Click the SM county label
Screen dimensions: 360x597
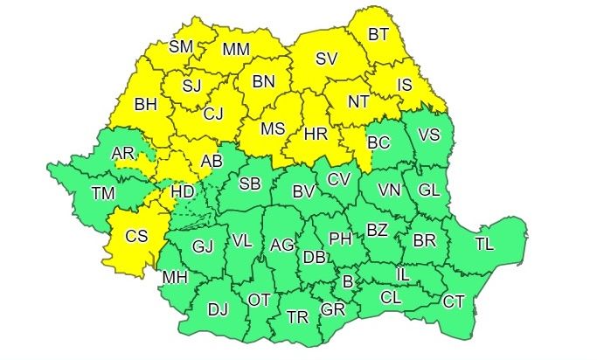coord(181,46)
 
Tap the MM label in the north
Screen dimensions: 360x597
coord(236,50)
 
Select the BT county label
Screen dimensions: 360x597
coord(378,34)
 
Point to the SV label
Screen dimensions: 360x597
coord(326,59)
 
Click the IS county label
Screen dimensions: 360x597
coord(404,85)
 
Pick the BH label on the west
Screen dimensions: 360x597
coord(145,104)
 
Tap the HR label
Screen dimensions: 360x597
coord(315,134)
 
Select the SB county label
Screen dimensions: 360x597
coord(249,183)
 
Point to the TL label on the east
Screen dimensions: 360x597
coord(484,244)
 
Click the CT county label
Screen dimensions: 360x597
coord(453,301)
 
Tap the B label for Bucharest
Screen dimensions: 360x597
coord(348,281)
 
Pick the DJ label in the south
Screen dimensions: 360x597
coord(218,308)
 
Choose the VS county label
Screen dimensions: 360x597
coord(429,135)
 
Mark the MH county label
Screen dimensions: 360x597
coord(175,278)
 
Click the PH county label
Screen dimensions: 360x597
coord(339,237)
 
